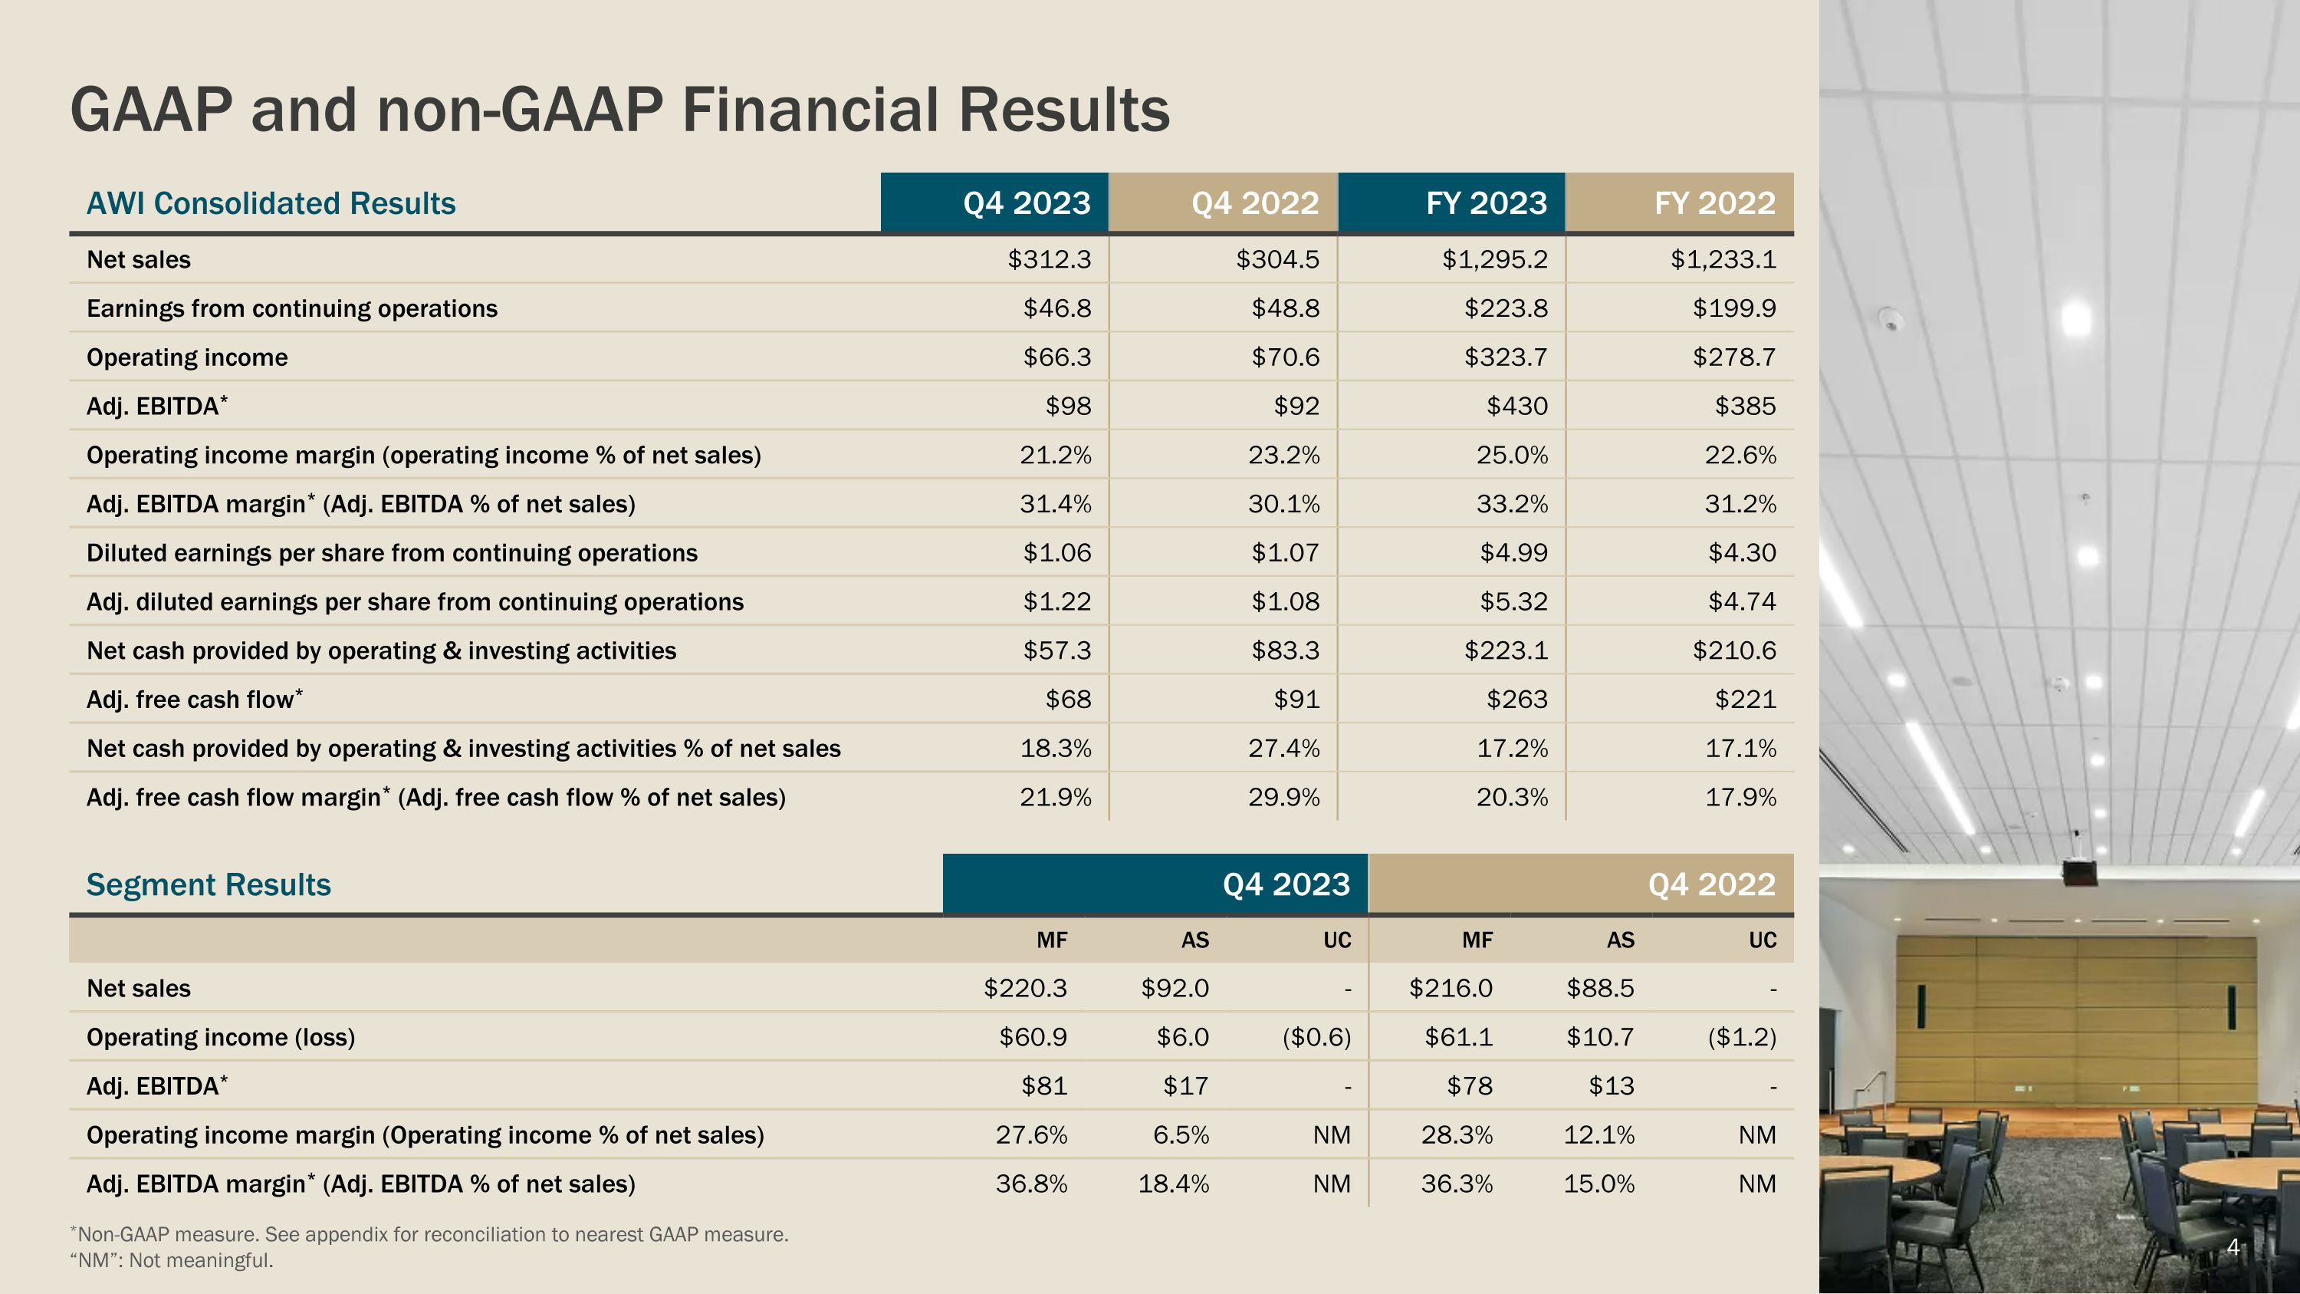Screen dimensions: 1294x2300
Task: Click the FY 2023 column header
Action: pyautogui.click(x=1486, y=203)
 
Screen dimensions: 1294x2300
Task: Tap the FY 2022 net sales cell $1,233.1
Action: pyautogui.click(x=1723, y=260)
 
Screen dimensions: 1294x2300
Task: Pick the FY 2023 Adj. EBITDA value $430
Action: pyautogui.click(x=1517, y=407)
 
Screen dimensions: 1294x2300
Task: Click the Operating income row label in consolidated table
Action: pyautogui.click(x=188, y=358)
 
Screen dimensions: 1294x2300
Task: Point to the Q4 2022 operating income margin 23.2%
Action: pyautogui.click(x=1283, y=456)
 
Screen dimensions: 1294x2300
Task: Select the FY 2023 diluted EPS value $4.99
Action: pyautogui.click(x=1513, y=554)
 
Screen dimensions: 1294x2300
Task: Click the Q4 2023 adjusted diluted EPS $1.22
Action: pyautogui.click(x=1057, y=602)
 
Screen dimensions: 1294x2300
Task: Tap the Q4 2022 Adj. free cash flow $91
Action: pyautogui.click(x=1296, y=700)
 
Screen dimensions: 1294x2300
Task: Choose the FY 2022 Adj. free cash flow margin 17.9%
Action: pyautogui.click(x=1740, y=798)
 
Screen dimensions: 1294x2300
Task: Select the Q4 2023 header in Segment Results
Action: pyautogui.click(x=1286, y=885)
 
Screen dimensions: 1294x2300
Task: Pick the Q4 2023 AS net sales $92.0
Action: pyautogui.click(x=1175, y=989)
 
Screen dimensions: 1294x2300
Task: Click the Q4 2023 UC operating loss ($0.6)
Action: pyautogui.click(x=1317, y=1038)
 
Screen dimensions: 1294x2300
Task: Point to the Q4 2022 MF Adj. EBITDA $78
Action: pyautogui.click(x=1470, y=1087)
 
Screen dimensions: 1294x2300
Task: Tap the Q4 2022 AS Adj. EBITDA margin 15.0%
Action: pyautogui.click(x=1598, y=1184)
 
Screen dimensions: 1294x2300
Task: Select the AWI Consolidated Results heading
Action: pyautogui.click(x=271, y=203)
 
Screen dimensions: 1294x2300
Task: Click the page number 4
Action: pyautogui.click(x=2233, y=1246)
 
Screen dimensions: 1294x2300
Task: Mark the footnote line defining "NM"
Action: pyautogui.click(x=172, y=1261)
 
